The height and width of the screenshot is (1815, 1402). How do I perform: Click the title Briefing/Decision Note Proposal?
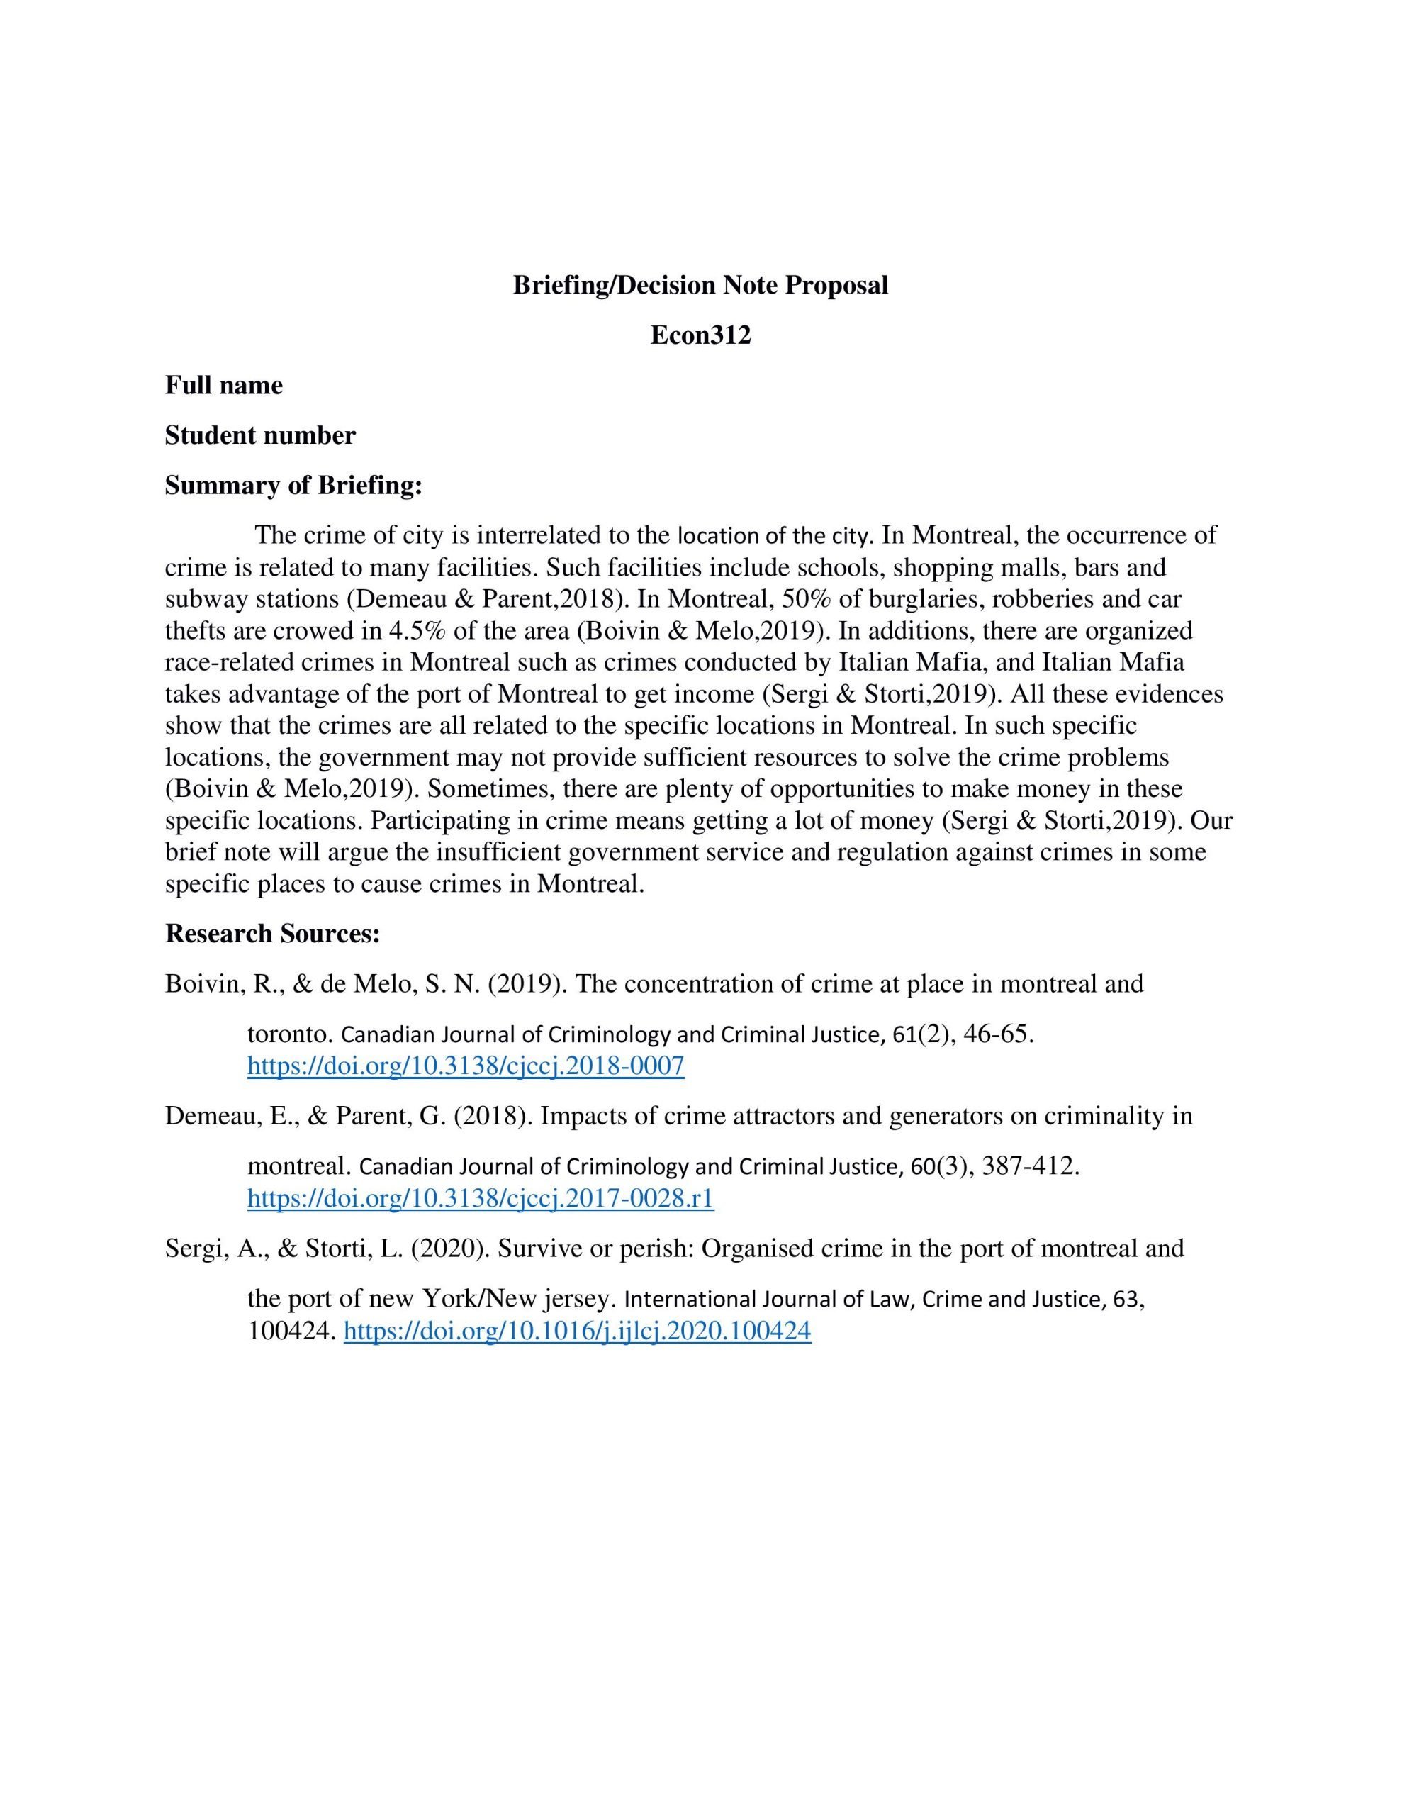click(x=700, y=285)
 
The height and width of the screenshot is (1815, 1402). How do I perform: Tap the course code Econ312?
click(x=700, y=335)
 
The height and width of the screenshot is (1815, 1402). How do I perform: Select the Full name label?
click(x=223, y=385)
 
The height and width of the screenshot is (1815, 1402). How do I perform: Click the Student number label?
click(x=259, y=435)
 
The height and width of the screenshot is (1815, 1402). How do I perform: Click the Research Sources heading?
click(x=273, y=933)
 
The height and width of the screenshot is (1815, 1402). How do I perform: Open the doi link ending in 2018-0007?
click(x=466, y=1066)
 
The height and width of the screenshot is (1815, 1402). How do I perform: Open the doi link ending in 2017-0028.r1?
click(x=481, y=1197)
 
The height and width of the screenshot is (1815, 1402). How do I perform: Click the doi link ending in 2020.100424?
click(x=577, y=1331)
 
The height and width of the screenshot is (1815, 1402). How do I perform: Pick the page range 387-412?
click(x=1029, y=1166)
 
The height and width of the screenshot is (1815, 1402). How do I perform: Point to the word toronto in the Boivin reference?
click(x=289, y=1034)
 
